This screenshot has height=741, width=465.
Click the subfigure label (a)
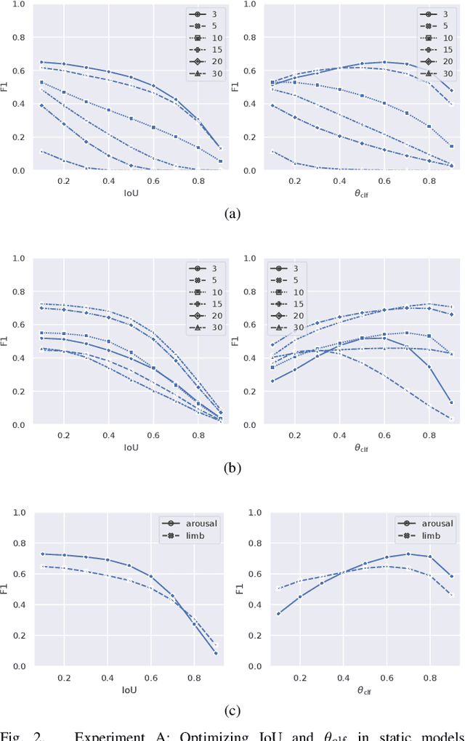[232, 213]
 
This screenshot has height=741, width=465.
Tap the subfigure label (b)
[232, 468]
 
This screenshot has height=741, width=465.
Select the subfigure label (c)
[232, 710]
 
